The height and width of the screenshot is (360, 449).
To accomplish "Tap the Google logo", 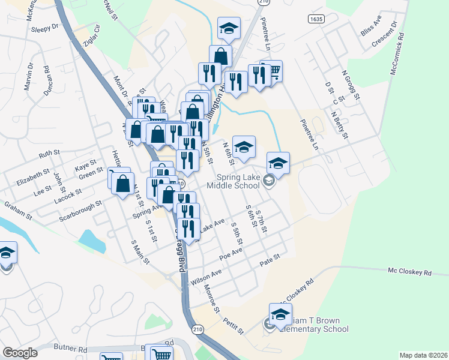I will (20, 353).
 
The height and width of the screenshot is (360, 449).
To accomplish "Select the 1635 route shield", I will (318, 19).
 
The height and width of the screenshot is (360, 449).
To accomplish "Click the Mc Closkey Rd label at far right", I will (410, 272).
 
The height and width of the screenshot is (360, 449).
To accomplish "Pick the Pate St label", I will (270, 260).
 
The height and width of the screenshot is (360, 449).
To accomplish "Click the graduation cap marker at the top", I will (229, 29).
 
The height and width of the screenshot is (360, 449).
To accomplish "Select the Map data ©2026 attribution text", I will (423, 355).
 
